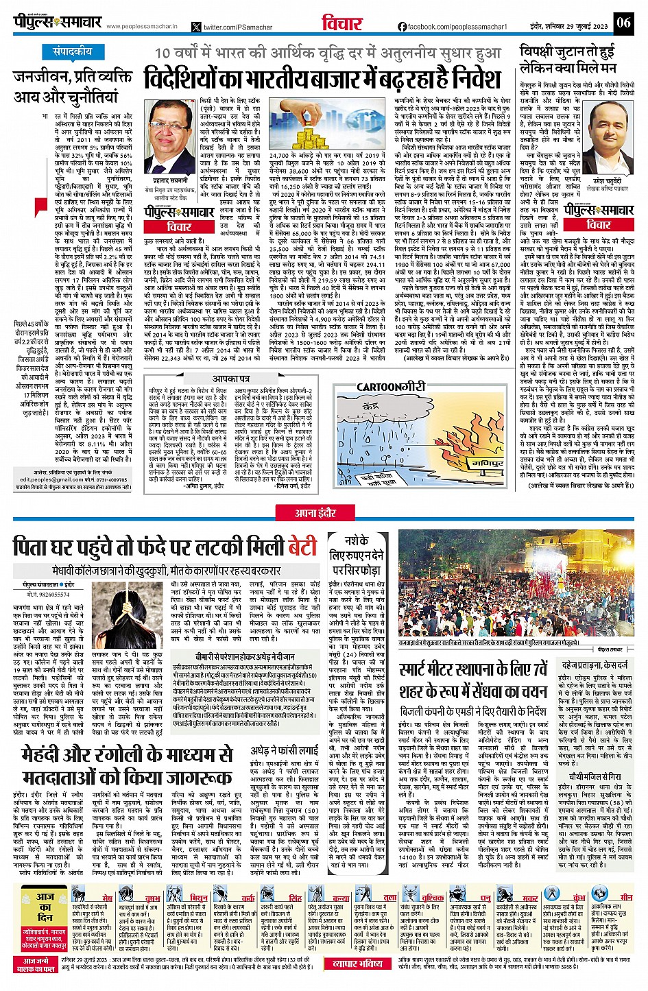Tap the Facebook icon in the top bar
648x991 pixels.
tap(402, 27)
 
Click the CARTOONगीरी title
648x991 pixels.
tap(391, 387)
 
